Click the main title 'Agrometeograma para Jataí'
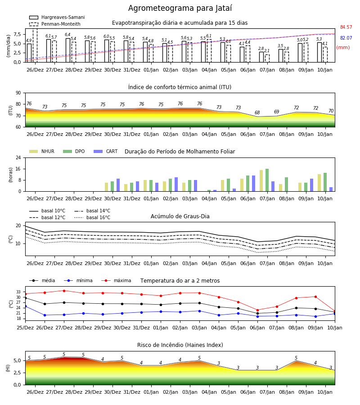click(180, 8)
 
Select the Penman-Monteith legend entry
click(55, 24)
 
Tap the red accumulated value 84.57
click(346, 27)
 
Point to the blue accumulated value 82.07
click(346, 38)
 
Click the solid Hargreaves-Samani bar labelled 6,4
click(68, 50)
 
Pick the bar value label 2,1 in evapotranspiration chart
click(267, 51)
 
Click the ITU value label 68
click(257, 112)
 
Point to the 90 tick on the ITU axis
click(18, 93)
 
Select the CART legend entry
click(106, 151)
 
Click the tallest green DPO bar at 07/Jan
click(267, 180)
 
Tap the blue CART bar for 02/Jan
click(176, 184)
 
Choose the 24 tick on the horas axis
click(18, 157)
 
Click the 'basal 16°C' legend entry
click(92, 217)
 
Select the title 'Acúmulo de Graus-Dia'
click(180, 216)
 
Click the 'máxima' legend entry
click(116, 280)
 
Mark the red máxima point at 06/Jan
click(257, 310)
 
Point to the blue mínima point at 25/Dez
click(26, 306)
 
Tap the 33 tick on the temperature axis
click(18, 292)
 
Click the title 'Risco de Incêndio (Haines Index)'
click(180, 345)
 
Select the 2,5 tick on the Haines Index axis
click(17, 373)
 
